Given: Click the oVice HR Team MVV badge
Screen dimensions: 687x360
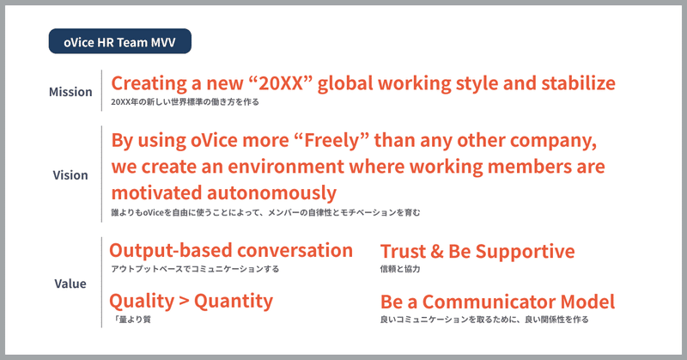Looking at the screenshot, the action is (x=119, y=41).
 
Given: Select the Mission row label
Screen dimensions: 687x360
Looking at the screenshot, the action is (x=70, y=92).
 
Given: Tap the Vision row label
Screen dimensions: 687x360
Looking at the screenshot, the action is (x=70, y=175).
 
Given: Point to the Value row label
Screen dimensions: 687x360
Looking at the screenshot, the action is (x=70, y=284).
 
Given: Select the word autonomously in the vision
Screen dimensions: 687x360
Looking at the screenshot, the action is (x=271, y=193).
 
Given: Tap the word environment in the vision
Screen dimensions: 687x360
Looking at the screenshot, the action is (x=286, y=167).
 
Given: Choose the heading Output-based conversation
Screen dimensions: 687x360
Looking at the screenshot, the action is (x=231, y=250).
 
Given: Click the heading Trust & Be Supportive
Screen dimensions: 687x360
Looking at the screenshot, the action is (x=477, y=251).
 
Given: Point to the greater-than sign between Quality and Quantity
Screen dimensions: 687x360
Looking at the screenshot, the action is (x=184, y=302).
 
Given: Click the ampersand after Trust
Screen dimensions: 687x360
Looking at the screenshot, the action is (x=437, y=251).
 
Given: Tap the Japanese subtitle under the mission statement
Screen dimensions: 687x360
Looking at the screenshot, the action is (x=185, y=101).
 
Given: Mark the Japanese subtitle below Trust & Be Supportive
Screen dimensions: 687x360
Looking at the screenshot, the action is (x=400, y=269).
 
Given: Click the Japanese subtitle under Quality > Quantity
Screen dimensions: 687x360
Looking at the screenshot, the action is (x=132, y=320).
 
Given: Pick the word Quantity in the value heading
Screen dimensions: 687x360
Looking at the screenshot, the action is (x=234, y=302).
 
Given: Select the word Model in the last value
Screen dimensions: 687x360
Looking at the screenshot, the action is (x=587, y=302).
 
